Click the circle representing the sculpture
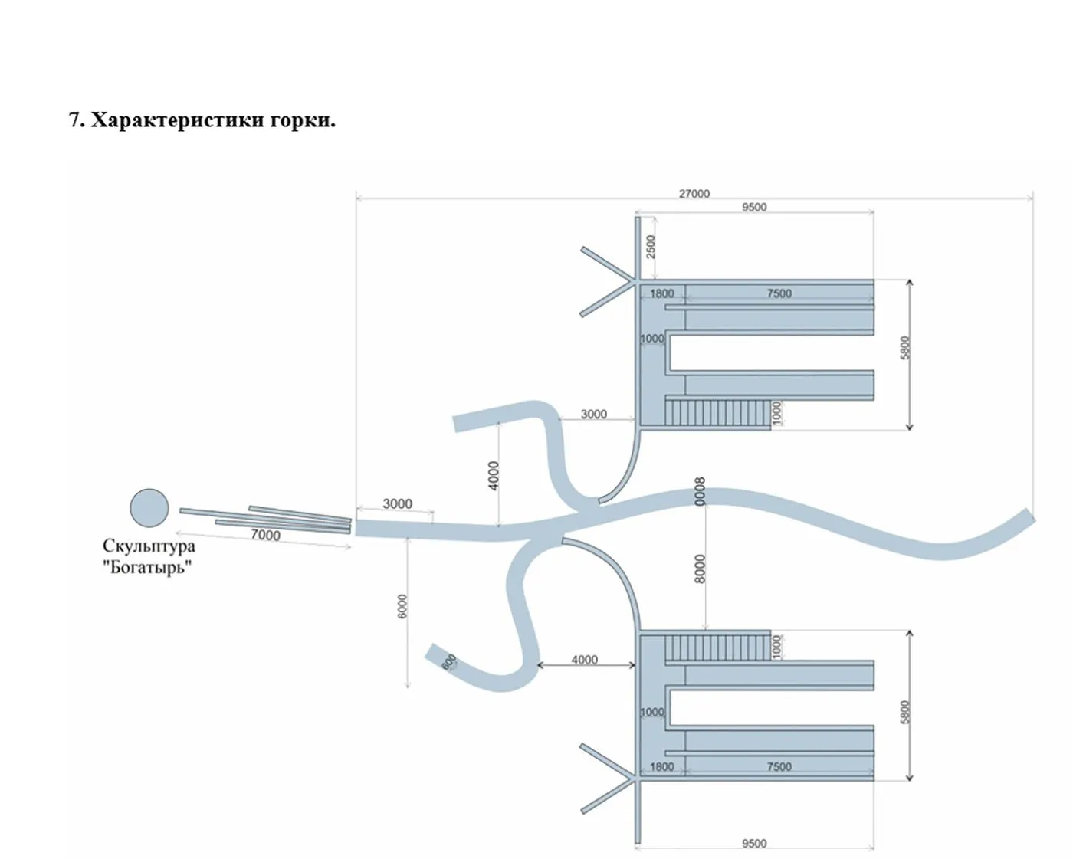(x=149, y=507)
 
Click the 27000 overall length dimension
(x=694, y=193)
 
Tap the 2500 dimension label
(x=651, y=247)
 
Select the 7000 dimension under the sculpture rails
(x=265, y=535)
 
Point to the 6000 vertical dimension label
(x=402, y=606)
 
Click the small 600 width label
(x=449, y=662)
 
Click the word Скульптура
(x=149, y=546)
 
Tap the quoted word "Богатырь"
(x=147, y=567)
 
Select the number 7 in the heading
(x=74, y=120)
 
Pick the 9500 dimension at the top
(x=754, y=207)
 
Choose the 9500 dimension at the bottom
(x=754, y=844)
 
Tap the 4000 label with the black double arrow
(x=584, y=660)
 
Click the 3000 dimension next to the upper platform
(x=594, y=414)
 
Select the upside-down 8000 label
(x=700, y=491)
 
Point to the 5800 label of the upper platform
(x=905, y=347)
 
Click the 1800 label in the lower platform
(x=661, y=767)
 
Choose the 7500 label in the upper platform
(x=779, y=293)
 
